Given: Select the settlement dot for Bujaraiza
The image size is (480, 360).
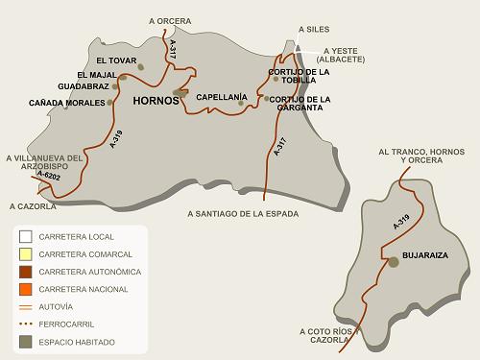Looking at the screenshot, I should pos(393,261).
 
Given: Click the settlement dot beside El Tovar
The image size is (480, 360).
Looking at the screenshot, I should pos(141,67).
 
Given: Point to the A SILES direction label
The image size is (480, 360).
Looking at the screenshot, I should pos(314,30).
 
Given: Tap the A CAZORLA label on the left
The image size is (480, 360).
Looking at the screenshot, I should pos(33,205).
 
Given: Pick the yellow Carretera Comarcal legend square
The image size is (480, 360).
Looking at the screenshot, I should pos(26,254).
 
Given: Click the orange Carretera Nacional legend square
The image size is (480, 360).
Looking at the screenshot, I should pos(26,289).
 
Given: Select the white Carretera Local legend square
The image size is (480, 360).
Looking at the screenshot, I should pos(26,237).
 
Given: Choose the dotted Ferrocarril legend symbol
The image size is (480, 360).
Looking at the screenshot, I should pos(26,324).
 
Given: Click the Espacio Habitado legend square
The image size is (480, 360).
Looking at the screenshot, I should pos(26,341).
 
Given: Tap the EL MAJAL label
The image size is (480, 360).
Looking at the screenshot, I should pos(96,74).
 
